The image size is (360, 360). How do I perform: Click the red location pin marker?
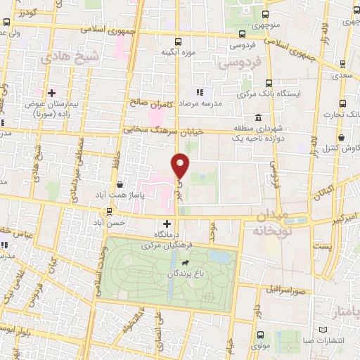181,165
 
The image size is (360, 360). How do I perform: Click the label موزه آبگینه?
177,52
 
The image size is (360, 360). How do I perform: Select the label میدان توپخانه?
273,224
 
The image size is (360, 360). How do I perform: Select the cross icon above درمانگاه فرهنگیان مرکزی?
166,222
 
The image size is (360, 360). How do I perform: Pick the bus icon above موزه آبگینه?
177,41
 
